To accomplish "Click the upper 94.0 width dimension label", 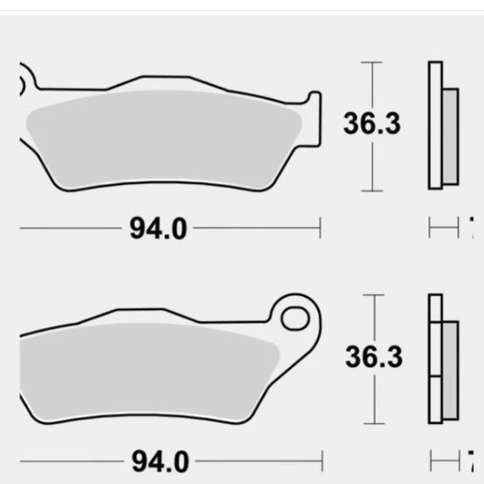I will click(x=158, y=227).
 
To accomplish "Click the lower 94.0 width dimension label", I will click(x=158, y=460).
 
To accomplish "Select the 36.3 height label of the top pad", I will click(x=372, y=124).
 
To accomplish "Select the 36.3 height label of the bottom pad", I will click(x=373, y=357).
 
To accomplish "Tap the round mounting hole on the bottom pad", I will click(x=294, y=319).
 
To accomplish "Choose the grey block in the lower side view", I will click(x=449, y=370).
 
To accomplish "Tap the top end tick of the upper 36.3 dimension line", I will click(x=372, y=62).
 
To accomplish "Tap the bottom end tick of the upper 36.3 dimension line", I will click(x=372, y=190).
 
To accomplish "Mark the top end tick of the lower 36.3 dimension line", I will click(x=373, y=295).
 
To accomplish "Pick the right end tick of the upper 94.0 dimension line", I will click(x=320, y=227).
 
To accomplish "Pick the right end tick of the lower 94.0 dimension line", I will click(x=321, y=460).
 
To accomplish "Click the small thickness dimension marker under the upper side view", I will click(x=444, y=227).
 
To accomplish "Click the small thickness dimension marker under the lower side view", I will click(x=444, y=460).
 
